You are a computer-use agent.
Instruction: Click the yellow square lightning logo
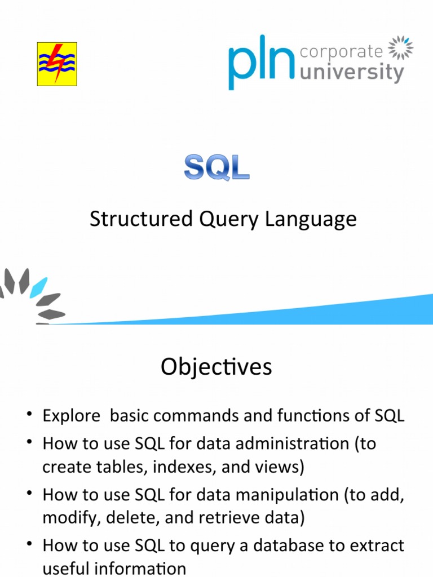point(57,64)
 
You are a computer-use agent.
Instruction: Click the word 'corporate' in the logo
point(341,52)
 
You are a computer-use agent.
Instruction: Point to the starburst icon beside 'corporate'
point(401,48)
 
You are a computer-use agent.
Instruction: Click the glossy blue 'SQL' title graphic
point(216,167)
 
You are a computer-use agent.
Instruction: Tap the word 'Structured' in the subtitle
point(133,219)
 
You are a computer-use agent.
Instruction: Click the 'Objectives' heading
point(216,367)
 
